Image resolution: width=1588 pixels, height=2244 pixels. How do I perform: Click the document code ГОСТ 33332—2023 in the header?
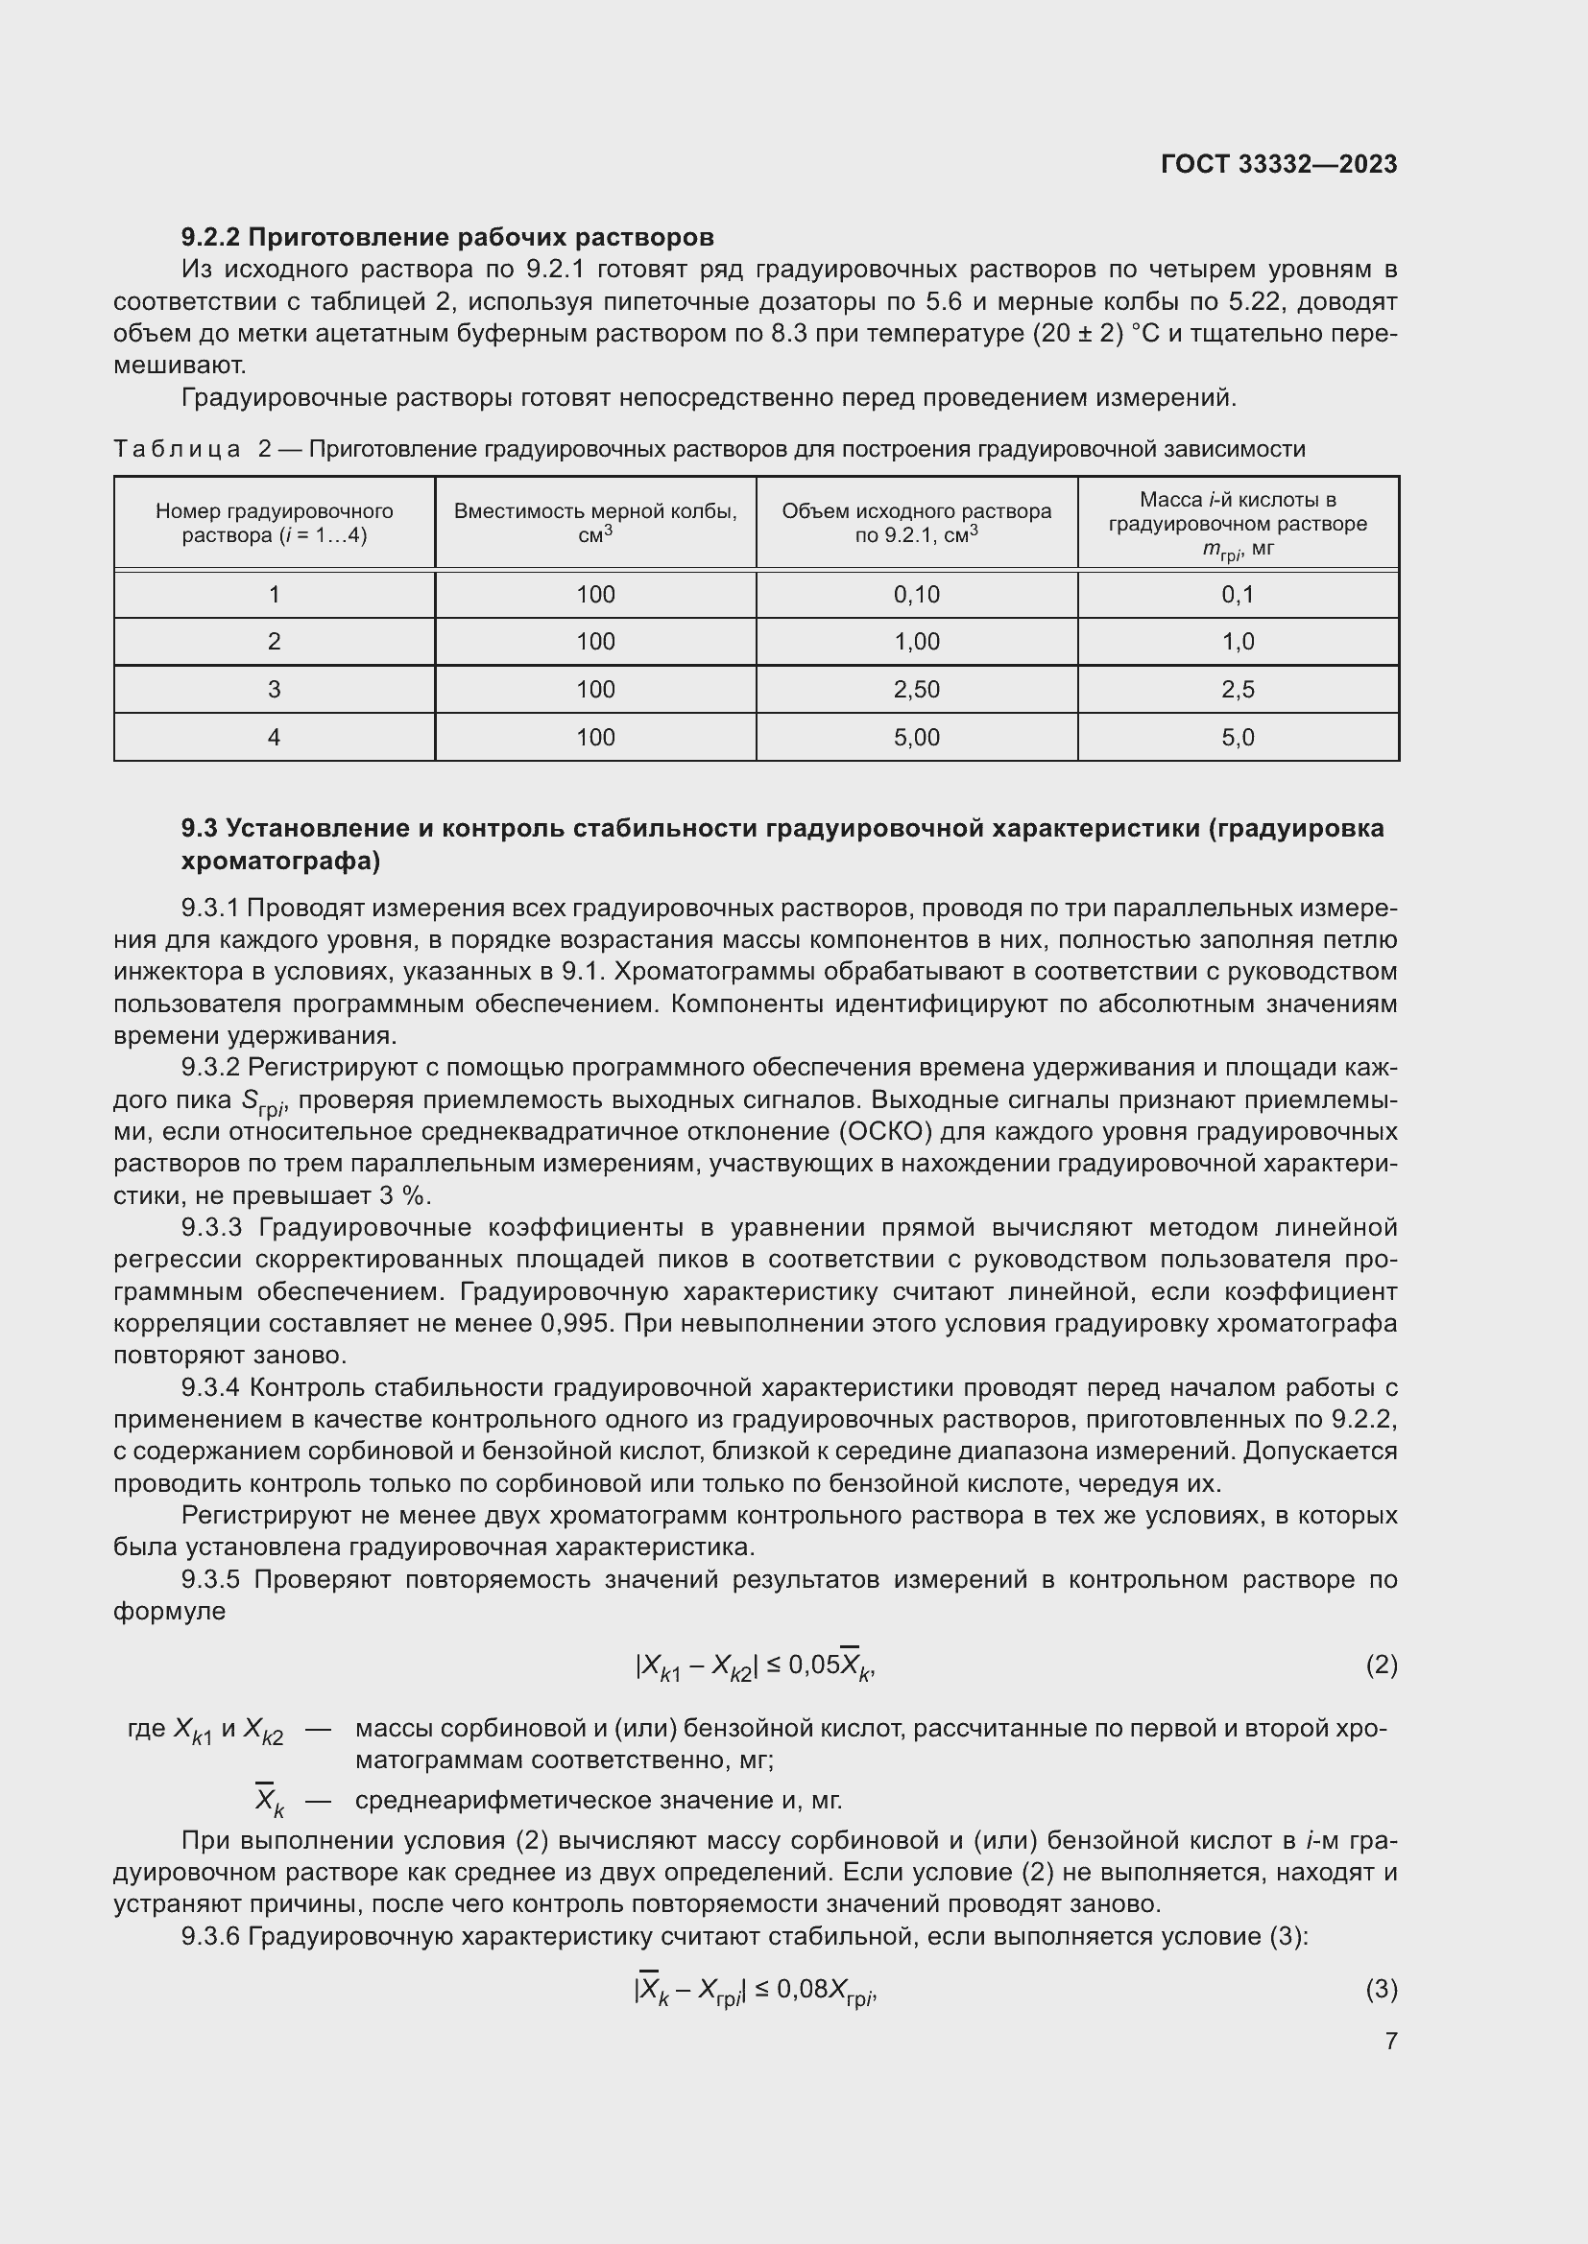pyautogui.click(x=1278, y=164)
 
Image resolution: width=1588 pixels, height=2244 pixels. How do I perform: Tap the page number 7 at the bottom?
pyautogui.click(x=1390, y=2041)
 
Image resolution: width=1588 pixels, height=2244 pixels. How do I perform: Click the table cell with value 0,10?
pyautogui.click(x=916, y=594)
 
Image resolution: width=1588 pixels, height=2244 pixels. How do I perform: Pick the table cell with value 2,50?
pyautogui.click(x=916, y=689)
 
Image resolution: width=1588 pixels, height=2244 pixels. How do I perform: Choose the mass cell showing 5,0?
pyautogui.click(x=1237, y=737)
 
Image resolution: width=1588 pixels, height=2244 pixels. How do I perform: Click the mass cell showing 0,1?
pyautogui.click(x=1237, y=594)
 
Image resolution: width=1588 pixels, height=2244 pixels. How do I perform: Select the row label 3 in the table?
pyautogui.click(x=274, y=689)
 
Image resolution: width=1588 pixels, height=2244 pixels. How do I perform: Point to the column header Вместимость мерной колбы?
pyautogui.click(x=594, y=511)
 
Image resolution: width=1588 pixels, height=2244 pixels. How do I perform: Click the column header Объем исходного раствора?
pyautogui.click(x=916, y=511)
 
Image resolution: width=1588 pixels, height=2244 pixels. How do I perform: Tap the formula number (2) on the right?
pyautogui.click(x=1381, y=1665)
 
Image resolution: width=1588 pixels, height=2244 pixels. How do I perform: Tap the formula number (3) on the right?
pyautogui.click(x=1381, y=1989)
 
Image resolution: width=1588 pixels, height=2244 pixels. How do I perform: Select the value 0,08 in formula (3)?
pyautogui.click(x=802, y=1989)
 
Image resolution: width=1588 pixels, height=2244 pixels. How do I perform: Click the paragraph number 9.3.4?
pyautogui.click(x=211, y=1388)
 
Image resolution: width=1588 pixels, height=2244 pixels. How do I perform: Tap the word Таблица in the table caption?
pyautogui.click(x=177, y=450)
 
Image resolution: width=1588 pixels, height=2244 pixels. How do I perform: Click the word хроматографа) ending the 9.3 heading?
pyautogui.click(x=279, y=861)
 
